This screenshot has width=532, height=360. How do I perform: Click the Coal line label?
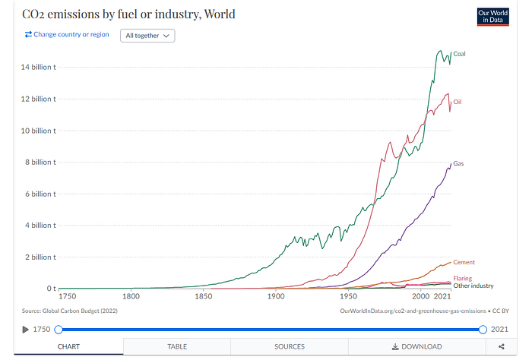459,54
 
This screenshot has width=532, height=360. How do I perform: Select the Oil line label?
458,102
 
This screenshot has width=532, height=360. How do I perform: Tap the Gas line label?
458,163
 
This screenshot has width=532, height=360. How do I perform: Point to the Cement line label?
464,263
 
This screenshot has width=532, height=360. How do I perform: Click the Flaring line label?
462,279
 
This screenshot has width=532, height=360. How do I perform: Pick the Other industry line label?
473,286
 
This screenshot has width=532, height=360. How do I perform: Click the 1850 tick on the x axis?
204,296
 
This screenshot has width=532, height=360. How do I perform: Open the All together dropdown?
147,35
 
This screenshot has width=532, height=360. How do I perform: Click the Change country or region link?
67,34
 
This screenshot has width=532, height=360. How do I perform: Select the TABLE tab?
177,346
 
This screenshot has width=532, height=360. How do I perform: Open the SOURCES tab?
290,346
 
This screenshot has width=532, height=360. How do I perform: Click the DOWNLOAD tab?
416,346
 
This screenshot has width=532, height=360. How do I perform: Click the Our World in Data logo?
492,16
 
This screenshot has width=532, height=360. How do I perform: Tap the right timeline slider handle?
483,329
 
